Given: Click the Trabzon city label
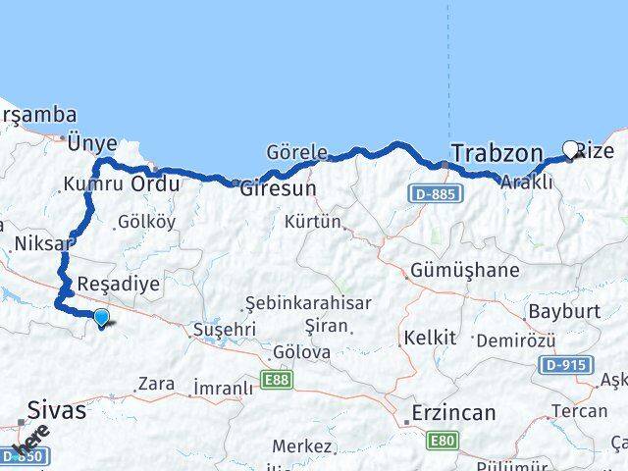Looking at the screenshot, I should pos(497,153).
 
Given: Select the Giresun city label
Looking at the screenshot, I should pos(279,188).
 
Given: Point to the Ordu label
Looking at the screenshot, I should pos(155,184).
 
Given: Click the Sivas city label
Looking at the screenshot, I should pos(57,410).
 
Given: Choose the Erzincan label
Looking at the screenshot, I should pos(454,413).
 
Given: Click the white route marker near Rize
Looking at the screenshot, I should pos(571,150).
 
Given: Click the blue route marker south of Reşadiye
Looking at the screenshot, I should pos(101,316).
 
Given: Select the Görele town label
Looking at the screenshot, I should pos(296,152).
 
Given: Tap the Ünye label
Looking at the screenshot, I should pos(92,143).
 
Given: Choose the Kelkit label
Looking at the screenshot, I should pos(429,338).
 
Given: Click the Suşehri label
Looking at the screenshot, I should pos(225,330).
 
